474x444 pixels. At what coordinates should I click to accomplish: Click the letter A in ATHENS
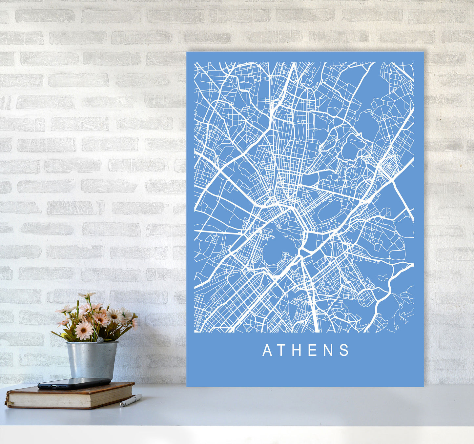pos(267,350)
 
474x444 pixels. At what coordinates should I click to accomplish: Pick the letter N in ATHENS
pos(329,350)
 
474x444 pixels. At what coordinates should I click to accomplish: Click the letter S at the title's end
pos(344,350)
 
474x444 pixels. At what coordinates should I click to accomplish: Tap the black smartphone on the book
pos(74,383)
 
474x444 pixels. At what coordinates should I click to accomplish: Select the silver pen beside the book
pos(131,400)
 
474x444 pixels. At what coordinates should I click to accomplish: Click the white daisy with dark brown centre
pos(115,316)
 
